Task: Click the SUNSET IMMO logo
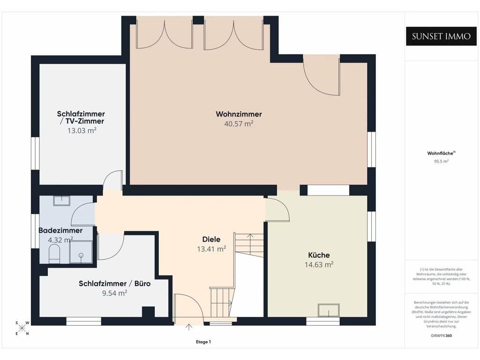pyautogui.click(x=441, y=37)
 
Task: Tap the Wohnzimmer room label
pyautogui.click(x=239, y=114)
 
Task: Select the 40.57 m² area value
pyautogui.click(x=239, y=124)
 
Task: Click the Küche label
pyautogui.click(x=319, y=255)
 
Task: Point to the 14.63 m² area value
pyautogui.click(x=319, y=264)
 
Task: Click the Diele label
pyautogui.click(x=211, y=240)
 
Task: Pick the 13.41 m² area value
pyautogui.click(x=211, y=249)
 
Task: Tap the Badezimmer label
pyautogui.click(x=60, y=231)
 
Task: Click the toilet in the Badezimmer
pyautogui.click(x=54, y=253)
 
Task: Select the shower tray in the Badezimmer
pyautogui.click(x=81, y=252)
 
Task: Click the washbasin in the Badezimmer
pyautogui.click(x=62, y=201)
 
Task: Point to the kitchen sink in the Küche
pyautogui.click(x=329, y=310)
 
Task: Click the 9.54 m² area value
pyautogui.click(x=114, y=293)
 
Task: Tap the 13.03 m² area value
pyautogui.click(x=82, y=131)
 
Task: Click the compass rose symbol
pyautogui.click(x=22, y=328)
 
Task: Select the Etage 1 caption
pyautogui.click(x=203, y=342)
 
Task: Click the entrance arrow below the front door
pyautogui.click(x=189, y=327)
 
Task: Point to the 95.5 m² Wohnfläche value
pyautogui.click(x=441, y=161)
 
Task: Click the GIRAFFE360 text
pyautogui.click(x=441, y=336)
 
